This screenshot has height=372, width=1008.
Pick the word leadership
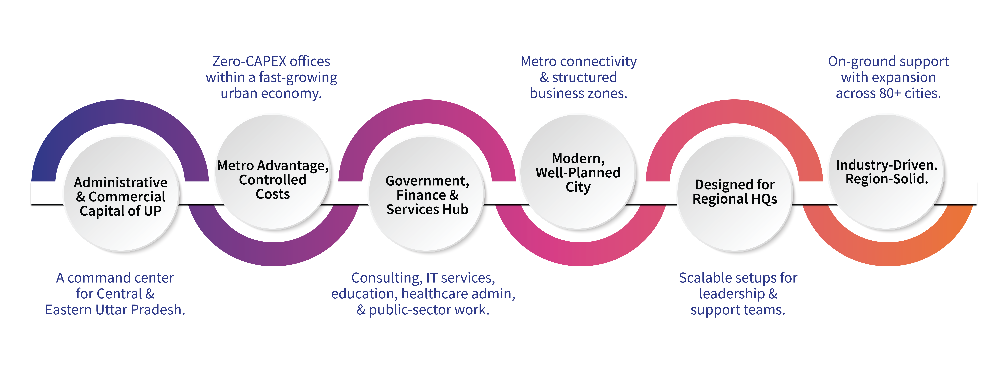(732, 294)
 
